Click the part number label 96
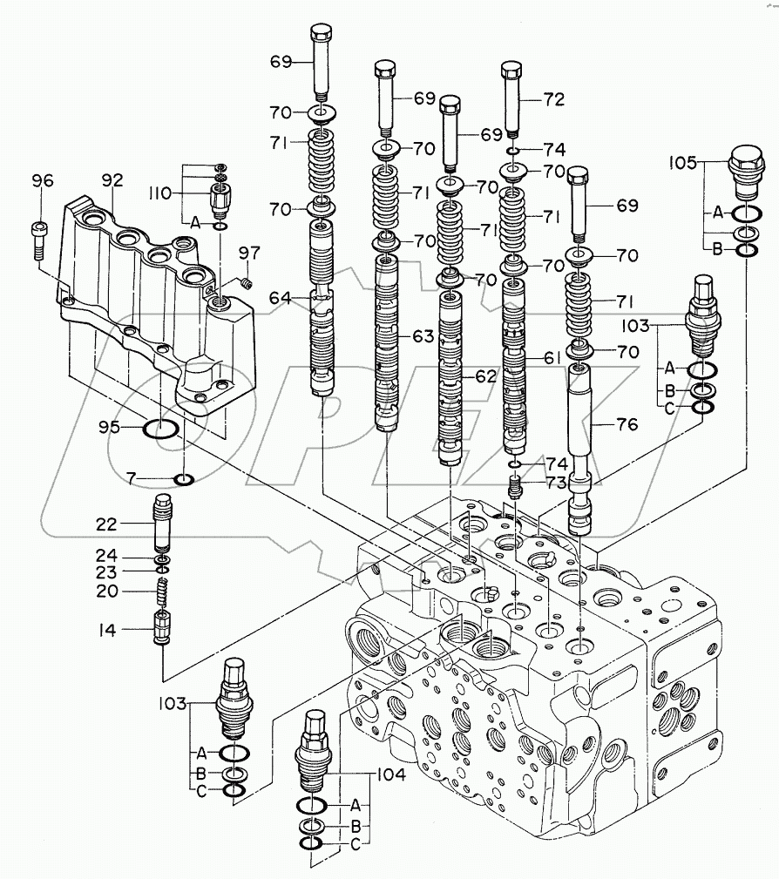tap(43, 181)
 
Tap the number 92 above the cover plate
tap(112, 181)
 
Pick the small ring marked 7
tap(184, 479)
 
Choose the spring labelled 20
tap(162, 592)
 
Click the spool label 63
tap(423, 335)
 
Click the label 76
tap(627, 424)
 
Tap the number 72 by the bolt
tap(554, 100)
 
